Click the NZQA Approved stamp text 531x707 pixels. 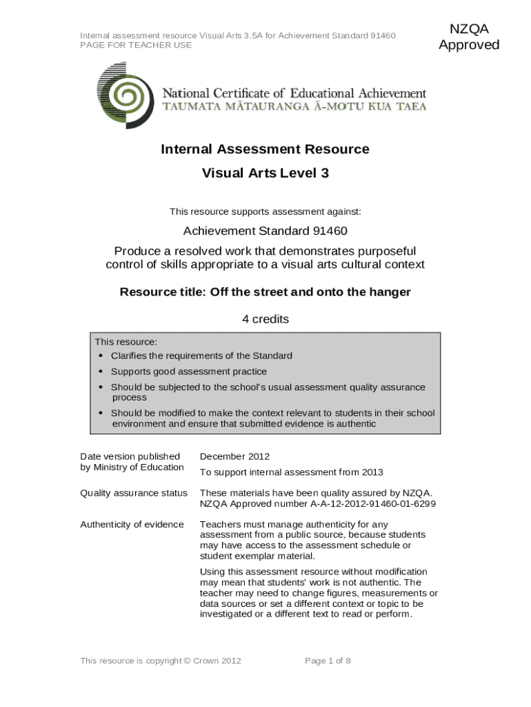pyautogui.click(x=469, y=37)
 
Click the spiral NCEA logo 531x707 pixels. pyautogui.click(x=126, y=96)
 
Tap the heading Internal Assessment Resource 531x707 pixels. pyautogui.click(x=265, y=149)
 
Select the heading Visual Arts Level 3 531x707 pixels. pyautogui.click(x=265, y=173)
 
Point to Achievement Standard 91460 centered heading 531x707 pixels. pyautogui.click(x=265, y=231)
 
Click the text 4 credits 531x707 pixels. pyautogui.click(x=265, y=319)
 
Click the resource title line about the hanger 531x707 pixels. pyautogui.click(x=265, y=292)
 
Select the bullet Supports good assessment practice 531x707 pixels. pyautogui.click(x=188, y=371)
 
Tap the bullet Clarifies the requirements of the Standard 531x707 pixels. pyautogui.click(x=201, y=356)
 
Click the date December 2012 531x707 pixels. pyautogui.click(x=234, y=456)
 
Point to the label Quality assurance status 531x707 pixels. pyautogui.click(x=134, y=493)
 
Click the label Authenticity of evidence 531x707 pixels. pyautogui.click(x=132, y=525)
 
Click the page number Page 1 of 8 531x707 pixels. pyautogui.click(x=328, y=661)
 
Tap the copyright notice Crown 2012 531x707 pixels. pyautogui.click(x=161, y=661)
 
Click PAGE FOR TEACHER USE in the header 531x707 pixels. pyautogui.click(x=136, y=45)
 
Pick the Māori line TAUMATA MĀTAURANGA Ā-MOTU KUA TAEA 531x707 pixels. pyautogui.click(x=294, y=107)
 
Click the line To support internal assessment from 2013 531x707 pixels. pyautogui.click(x=291, y=472)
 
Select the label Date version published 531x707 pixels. pyautogui.click(x=130, y=456)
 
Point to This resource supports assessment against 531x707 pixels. pyautogui.click(x=265, y=211)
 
